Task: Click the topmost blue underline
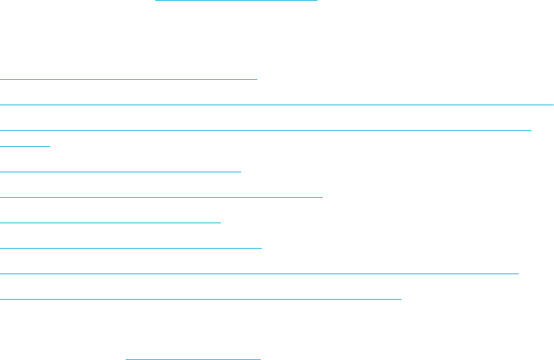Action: click(x=236, y=1)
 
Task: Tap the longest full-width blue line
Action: click(x=277, y=105)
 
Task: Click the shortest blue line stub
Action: click(x=25, y=144)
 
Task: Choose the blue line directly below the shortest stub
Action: click(x=121, y=172)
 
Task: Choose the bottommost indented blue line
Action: click(x=193, y=359)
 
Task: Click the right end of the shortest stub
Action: click(x=50, y=144)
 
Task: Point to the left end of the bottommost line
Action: click(x=127, y=359)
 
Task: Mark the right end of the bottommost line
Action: click(x=259, y=359)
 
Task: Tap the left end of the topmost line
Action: click(x=155, y=1)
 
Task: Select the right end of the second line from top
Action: click(x=257, y=79)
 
